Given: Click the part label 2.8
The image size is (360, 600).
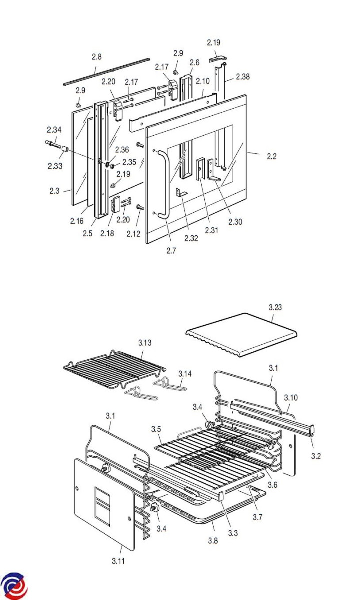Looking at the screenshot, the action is tap(97, 57).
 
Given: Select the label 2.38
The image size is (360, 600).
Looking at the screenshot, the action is tap(243, 77).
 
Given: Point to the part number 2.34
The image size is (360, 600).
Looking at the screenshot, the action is tap(54, 130).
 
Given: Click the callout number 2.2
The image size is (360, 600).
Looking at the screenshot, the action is tap(272, 156).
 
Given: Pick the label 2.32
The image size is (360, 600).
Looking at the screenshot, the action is tap(191, 238).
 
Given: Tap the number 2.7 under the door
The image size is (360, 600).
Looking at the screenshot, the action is tap(171, 251).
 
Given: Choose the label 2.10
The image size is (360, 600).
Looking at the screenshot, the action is tap(203, 81).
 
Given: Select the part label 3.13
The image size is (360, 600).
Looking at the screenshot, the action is tap(145, 343).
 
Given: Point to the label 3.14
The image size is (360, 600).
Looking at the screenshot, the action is tap(185, 374).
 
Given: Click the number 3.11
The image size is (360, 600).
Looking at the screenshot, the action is tap(118, 561).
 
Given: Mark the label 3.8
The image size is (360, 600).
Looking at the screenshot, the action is tap(213, 541).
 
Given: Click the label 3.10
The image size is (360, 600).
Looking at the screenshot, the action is tap(291, 398).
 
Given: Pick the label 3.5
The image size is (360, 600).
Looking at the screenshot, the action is tap(156, 429).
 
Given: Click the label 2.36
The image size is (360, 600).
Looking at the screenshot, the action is tap(122, 150).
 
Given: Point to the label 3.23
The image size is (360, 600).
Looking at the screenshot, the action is tap(275, 307).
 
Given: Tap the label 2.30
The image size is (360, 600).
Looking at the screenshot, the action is tap(235, 222).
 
